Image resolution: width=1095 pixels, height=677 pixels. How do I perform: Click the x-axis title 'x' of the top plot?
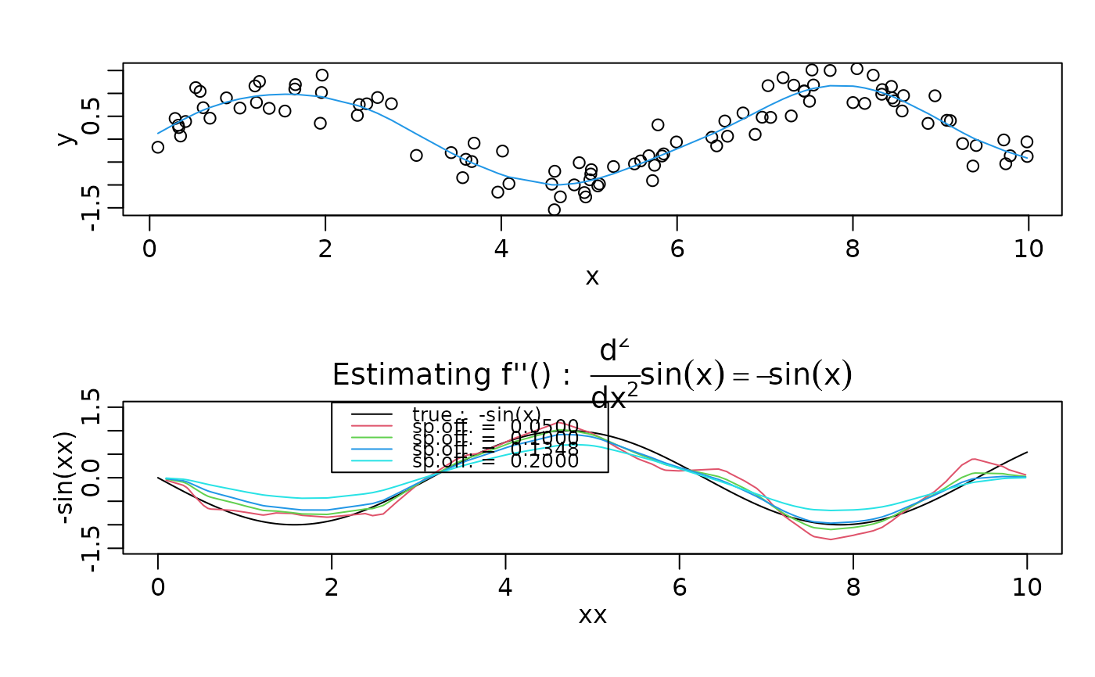(592, 277)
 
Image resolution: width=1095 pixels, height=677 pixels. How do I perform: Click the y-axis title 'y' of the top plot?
(67, 138)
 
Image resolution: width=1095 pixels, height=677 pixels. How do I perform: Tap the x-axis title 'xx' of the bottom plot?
(592, 615)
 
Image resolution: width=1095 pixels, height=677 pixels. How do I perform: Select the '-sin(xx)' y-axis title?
(67, 478)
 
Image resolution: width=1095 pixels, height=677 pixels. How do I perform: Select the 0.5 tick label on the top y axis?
(93, 116)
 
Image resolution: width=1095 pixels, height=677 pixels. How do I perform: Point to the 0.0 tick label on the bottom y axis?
(93, 478)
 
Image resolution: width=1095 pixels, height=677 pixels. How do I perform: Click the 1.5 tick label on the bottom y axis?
(93, 408)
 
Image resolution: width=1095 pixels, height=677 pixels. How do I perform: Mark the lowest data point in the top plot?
(555, 210)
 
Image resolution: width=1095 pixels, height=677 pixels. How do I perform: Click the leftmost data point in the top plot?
(158, 147)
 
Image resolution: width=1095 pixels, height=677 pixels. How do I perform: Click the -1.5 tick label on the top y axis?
(93, 209)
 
